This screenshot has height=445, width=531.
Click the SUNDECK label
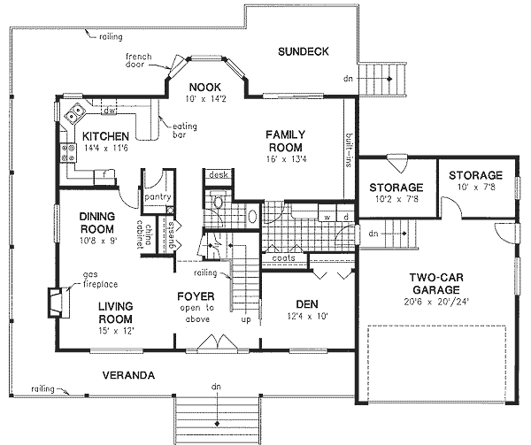(302, 51)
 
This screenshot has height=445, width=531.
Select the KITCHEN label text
(106, 136)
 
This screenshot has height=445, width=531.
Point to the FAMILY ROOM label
(285, 141)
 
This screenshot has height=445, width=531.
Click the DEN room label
(306, 303)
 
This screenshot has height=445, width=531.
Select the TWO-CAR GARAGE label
(432, 283)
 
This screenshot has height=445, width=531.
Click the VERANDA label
(128, 375)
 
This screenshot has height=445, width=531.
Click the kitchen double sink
(75, 112)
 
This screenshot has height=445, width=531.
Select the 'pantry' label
(158, 198)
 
